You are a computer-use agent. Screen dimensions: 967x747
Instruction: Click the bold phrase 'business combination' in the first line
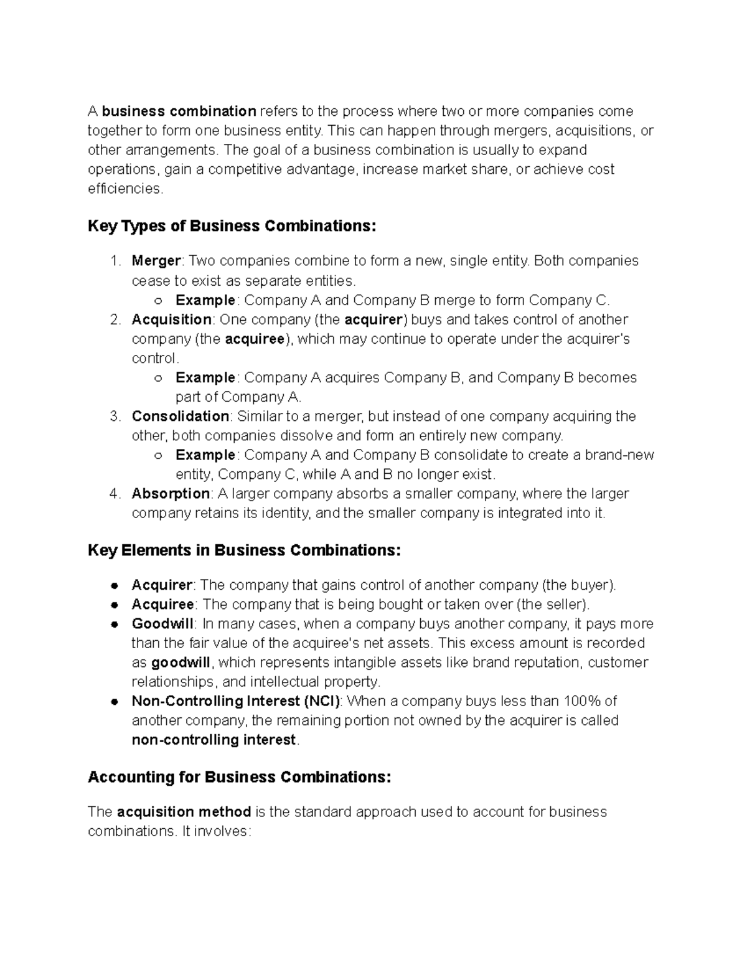point(179,111)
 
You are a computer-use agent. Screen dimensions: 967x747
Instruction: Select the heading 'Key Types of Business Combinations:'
point(232,226)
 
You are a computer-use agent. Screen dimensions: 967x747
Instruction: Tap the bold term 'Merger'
point(156,261)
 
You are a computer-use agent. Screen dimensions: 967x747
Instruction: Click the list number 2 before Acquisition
point(115,320)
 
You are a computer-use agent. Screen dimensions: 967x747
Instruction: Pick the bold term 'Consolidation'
point(181,417)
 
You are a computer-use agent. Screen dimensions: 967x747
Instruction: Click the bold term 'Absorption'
point(171,494)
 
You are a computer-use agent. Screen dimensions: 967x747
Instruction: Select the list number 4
point(115,494)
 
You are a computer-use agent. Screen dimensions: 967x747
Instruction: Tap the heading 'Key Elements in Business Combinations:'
point(244,550)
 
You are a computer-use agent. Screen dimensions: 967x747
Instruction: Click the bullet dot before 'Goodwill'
point(114,624)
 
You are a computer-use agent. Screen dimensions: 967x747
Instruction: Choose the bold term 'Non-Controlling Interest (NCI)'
point(235,701)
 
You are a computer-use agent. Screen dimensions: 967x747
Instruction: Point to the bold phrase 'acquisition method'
point(184,812)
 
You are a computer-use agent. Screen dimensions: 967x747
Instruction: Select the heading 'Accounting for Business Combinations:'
point(239,777)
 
